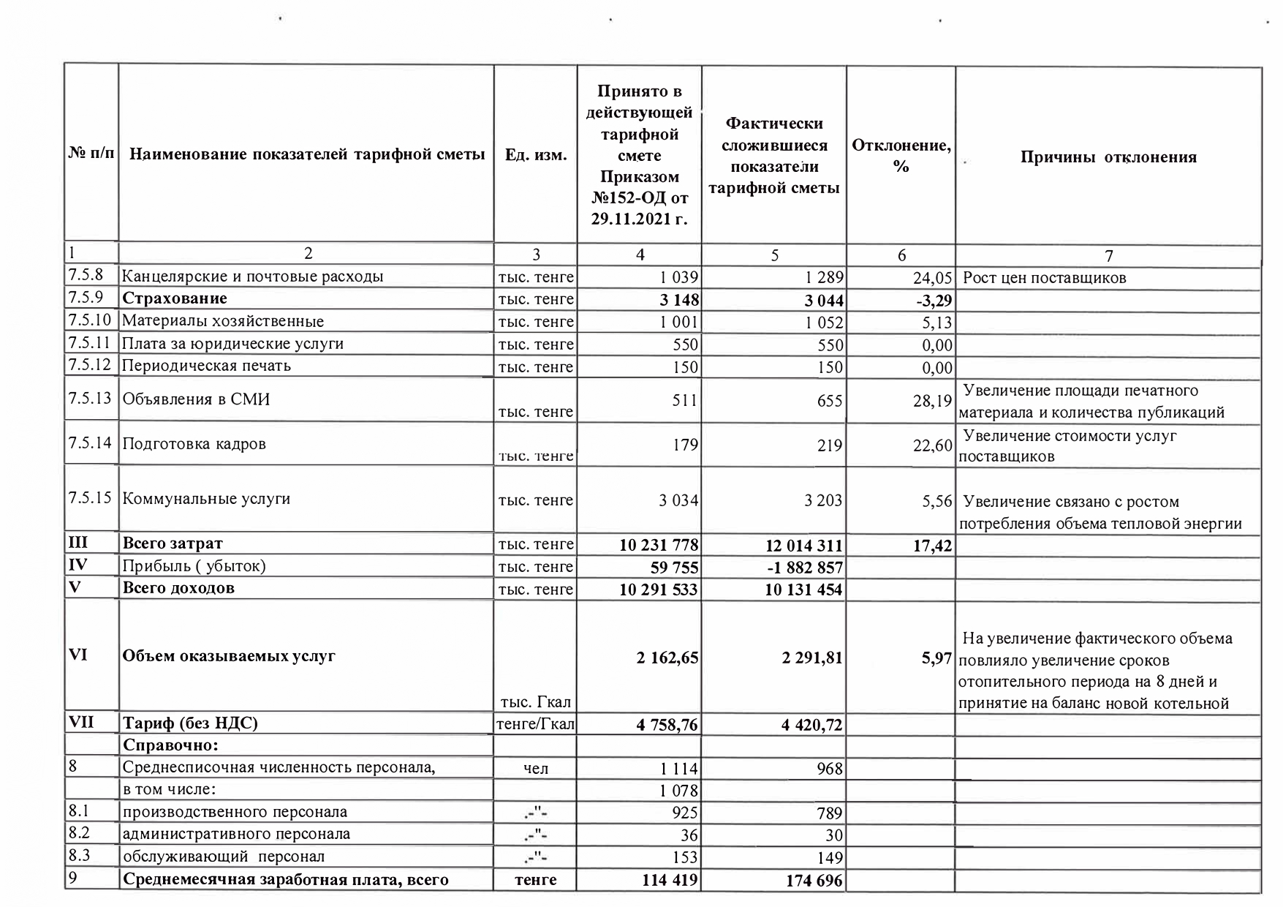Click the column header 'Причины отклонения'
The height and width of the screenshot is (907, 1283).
pos(1108,157)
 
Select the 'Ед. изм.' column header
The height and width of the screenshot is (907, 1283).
pos(536,156)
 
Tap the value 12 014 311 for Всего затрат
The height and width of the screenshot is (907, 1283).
pos(803,546)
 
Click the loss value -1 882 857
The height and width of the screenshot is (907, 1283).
pos(803,568)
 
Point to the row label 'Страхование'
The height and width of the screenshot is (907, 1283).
pos(175,298)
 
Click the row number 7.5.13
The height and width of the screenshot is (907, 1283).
pos(90,399)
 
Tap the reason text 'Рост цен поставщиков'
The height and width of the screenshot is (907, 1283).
pos(1045,278)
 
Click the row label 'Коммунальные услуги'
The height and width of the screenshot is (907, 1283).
pos(206,499)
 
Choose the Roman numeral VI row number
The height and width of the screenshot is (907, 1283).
pos(78,655)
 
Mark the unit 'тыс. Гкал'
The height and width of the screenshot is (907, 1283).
pos(536,702)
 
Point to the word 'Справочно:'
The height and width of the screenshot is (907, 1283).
pos(171,745)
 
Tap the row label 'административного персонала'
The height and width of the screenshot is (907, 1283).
pos(236,834)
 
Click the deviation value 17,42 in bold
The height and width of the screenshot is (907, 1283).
pos(932,546)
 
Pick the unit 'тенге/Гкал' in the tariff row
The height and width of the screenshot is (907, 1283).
pos(536,724)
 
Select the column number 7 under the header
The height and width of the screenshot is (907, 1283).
pos(1108,255)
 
